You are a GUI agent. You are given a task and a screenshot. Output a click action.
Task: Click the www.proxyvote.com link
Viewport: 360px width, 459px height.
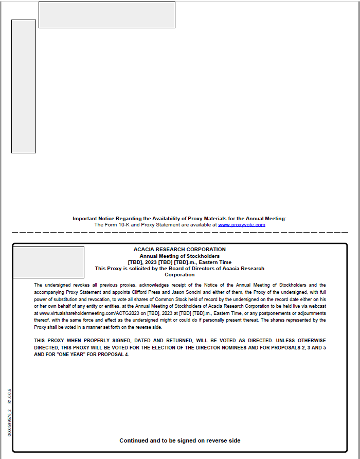pyautogui.click(x=241, y=225)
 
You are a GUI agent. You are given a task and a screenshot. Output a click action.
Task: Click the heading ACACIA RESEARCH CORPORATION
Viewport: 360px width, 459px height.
pyautogui.click(x=179, y=250)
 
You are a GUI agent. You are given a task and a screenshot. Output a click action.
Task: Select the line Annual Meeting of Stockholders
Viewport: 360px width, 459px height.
pyautogui.click(x=179, y=256)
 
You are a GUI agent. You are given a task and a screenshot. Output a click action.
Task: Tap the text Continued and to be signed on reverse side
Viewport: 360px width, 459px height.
pyautogui.click(x=179, y=440)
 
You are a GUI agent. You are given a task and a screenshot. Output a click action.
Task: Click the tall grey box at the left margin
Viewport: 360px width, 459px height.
pyautogui.click(x=24, y=86)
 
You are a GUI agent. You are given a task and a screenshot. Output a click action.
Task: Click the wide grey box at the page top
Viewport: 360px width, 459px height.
pyautogui.click(x=107, y=15)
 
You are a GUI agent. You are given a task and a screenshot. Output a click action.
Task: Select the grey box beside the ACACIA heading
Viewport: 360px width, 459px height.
pyautogui.click(x=48, y=262)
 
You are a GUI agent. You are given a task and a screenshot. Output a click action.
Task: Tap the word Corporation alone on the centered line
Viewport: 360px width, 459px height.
pyautogui.click(x=179, y=275)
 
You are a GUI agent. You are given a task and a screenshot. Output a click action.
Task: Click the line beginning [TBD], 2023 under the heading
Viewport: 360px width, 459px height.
pyautogui.click(x=179, y=262)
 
